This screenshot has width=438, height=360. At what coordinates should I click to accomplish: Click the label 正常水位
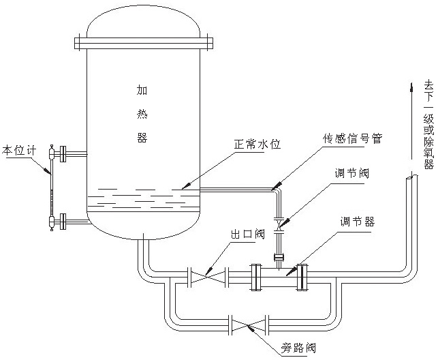point(253,145)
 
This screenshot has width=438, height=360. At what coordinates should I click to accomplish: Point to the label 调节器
point(356,222)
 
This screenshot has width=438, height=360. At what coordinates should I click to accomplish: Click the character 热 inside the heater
point(142,114)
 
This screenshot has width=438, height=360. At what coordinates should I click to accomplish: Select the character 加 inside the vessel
point(142,91)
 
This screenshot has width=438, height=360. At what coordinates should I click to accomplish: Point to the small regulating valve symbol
point(279,222)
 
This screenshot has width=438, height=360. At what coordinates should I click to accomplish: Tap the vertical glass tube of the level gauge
point(52,188)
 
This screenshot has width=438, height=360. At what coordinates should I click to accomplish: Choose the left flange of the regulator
point(255,277)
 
